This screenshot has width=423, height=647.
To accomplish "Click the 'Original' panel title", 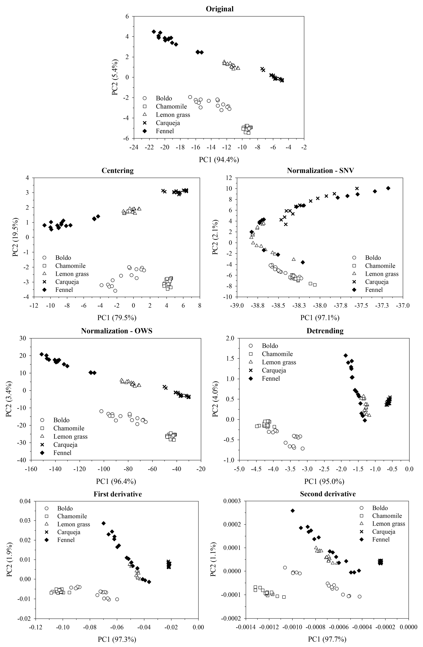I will coord(219,9).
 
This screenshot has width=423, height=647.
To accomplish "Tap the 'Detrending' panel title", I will coord(325,331).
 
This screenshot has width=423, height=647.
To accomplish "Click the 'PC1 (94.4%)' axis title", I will coord(219,160).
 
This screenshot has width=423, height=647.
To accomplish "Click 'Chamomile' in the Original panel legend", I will coord(171,107).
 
